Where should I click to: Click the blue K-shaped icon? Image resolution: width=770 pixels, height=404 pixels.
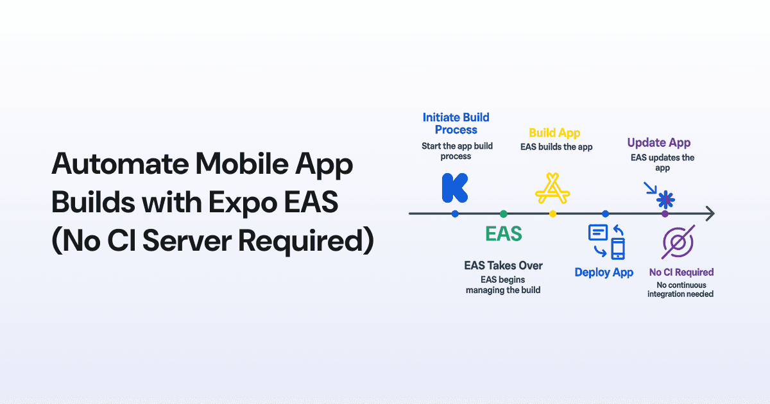455,187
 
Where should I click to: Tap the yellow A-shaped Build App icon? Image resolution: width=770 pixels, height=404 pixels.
552,189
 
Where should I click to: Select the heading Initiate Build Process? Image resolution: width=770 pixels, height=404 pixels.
456,123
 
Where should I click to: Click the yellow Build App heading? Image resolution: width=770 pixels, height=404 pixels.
554,133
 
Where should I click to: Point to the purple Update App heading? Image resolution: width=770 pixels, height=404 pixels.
659,143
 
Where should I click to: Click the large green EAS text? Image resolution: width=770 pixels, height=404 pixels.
504,233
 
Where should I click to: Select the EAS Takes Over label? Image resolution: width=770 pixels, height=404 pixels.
503,265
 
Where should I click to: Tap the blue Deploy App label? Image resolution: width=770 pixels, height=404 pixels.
604,273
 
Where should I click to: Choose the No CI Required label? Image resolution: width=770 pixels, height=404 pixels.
681,272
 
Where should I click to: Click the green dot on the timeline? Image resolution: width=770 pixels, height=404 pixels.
504,214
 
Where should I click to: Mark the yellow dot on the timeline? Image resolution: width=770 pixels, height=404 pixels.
552,214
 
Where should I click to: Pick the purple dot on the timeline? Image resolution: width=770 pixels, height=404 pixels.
665,214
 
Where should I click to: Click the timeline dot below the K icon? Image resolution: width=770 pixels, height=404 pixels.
455,214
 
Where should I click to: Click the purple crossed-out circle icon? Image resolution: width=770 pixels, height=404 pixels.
678,243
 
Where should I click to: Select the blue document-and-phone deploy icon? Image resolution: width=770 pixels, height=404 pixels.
606,241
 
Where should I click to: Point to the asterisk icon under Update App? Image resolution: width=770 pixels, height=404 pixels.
665,199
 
